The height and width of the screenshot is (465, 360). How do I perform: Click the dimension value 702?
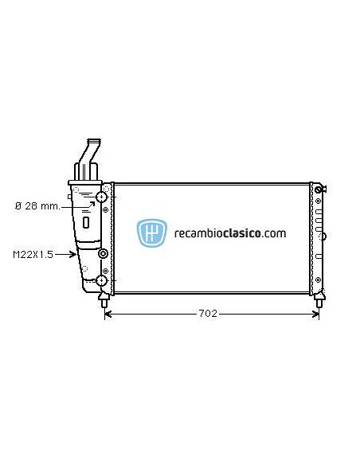pos(207,314)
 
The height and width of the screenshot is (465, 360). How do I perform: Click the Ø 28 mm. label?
pos(37,206)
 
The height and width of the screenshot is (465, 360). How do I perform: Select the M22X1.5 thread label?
pos(33,255)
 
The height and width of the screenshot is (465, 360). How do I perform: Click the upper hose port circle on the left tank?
pos(102,197)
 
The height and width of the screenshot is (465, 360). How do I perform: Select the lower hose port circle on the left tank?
pos(102,279)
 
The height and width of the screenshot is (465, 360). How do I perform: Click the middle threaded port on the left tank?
pos(102,254)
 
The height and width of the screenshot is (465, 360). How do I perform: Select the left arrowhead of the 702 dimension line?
pos(108,314)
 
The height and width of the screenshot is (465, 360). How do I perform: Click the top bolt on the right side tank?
pos(319,190)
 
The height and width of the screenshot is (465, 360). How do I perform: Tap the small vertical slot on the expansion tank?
pos(85,222)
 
